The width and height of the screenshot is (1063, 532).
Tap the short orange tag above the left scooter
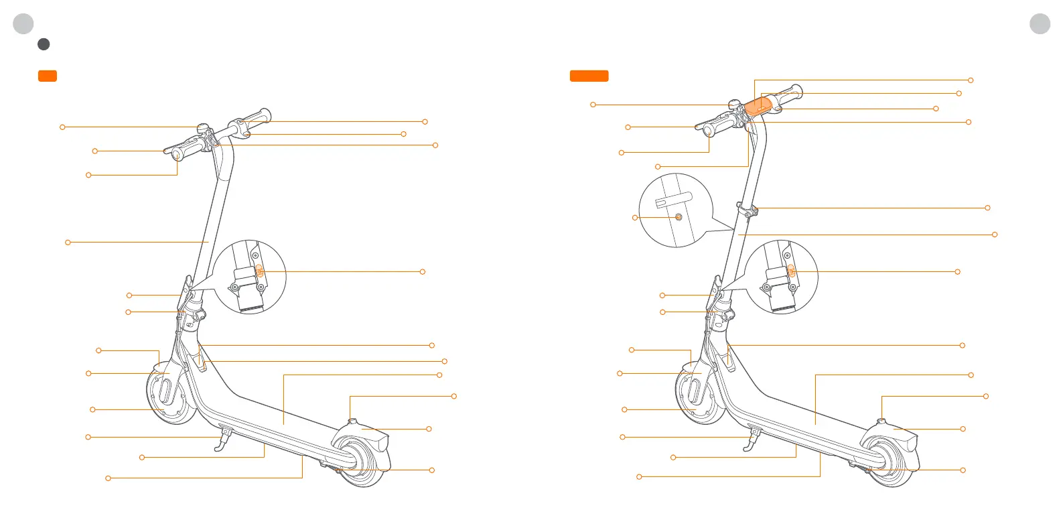tap(47, 76)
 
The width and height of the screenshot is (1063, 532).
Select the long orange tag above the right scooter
tap(589, 76)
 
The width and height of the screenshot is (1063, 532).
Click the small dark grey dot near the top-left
tap(44, 44)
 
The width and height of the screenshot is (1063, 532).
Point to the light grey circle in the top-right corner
tap(1040, 23)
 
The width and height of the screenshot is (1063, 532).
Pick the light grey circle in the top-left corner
tap(23, 23)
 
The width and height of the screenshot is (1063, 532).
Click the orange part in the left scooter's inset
tap(260, 271)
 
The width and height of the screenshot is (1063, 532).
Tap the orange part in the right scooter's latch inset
tap(791, 271)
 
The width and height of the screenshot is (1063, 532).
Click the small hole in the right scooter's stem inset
tap(678, 217)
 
